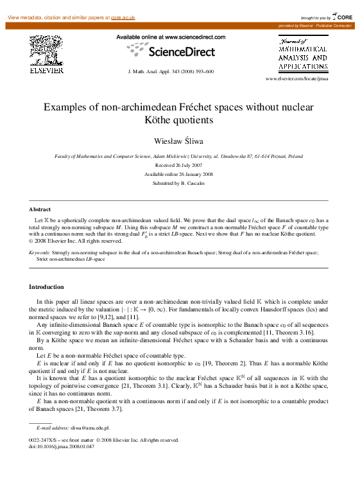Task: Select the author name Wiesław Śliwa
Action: pos(179,139)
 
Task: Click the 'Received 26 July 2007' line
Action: pos(179,165)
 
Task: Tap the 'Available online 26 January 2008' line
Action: pos(179,174)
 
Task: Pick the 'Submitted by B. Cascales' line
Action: pos(179,183)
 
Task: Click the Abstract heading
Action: pos(40,209)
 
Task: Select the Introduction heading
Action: pos(46,286)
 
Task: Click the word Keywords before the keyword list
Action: pos(40,253)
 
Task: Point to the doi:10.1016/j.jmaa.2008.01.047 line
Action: pos(62,446)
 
